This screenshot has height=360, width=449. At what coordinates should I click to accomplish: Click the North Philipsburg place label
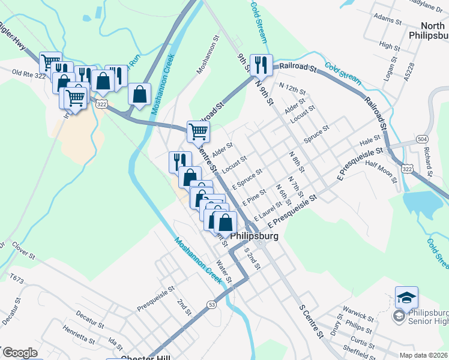(425, 31)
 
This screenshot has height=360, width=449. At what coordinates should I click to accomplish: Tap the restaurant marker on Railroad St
(261, 64)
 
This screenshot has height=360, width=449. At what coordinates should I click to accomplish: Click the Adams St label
(387, 19)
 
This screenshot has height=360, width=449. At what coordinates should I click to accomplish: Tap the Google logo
(19, 353)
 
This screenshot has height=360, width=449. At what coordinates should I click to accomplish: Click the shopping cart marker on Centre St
(198, 131)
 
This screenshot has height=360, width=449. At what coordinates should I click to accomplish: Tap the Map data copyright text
(424, 355)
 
